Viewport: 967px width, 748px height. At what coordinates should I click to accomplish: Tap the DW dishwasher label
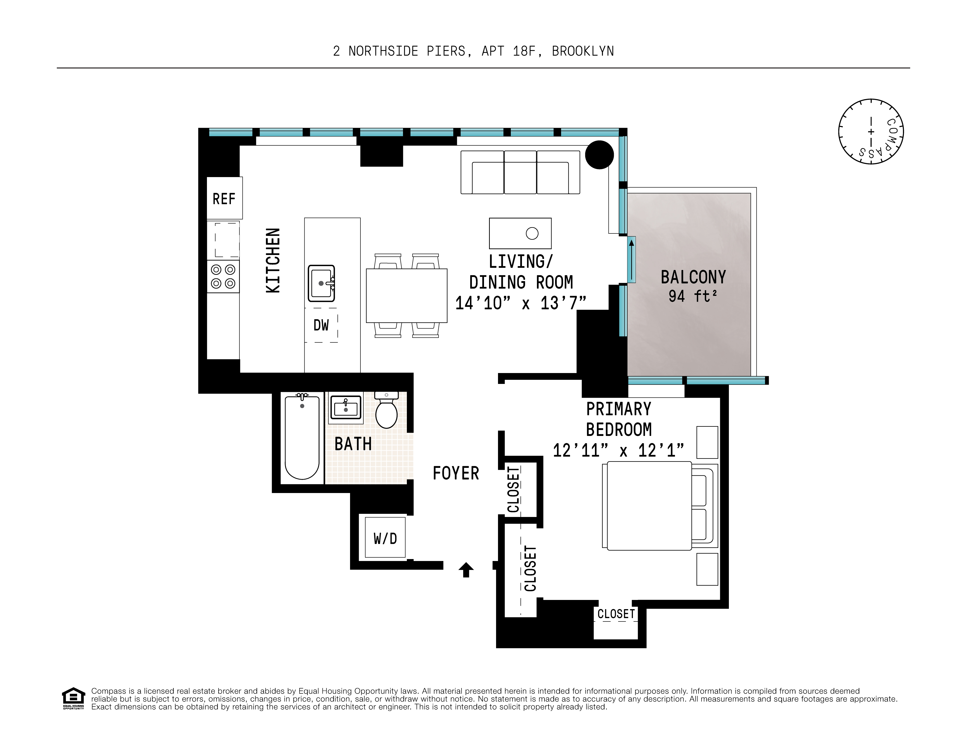321,325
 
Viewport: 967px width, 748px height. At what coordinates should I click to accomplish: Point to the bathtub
302,438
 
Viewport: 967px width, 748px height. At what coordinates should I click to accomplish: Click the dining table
406,296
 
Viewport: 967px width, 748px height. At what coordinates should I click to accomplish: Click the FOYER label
456,473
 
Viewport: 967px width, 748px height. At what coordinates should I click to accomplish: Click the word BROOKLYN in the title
583,51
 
